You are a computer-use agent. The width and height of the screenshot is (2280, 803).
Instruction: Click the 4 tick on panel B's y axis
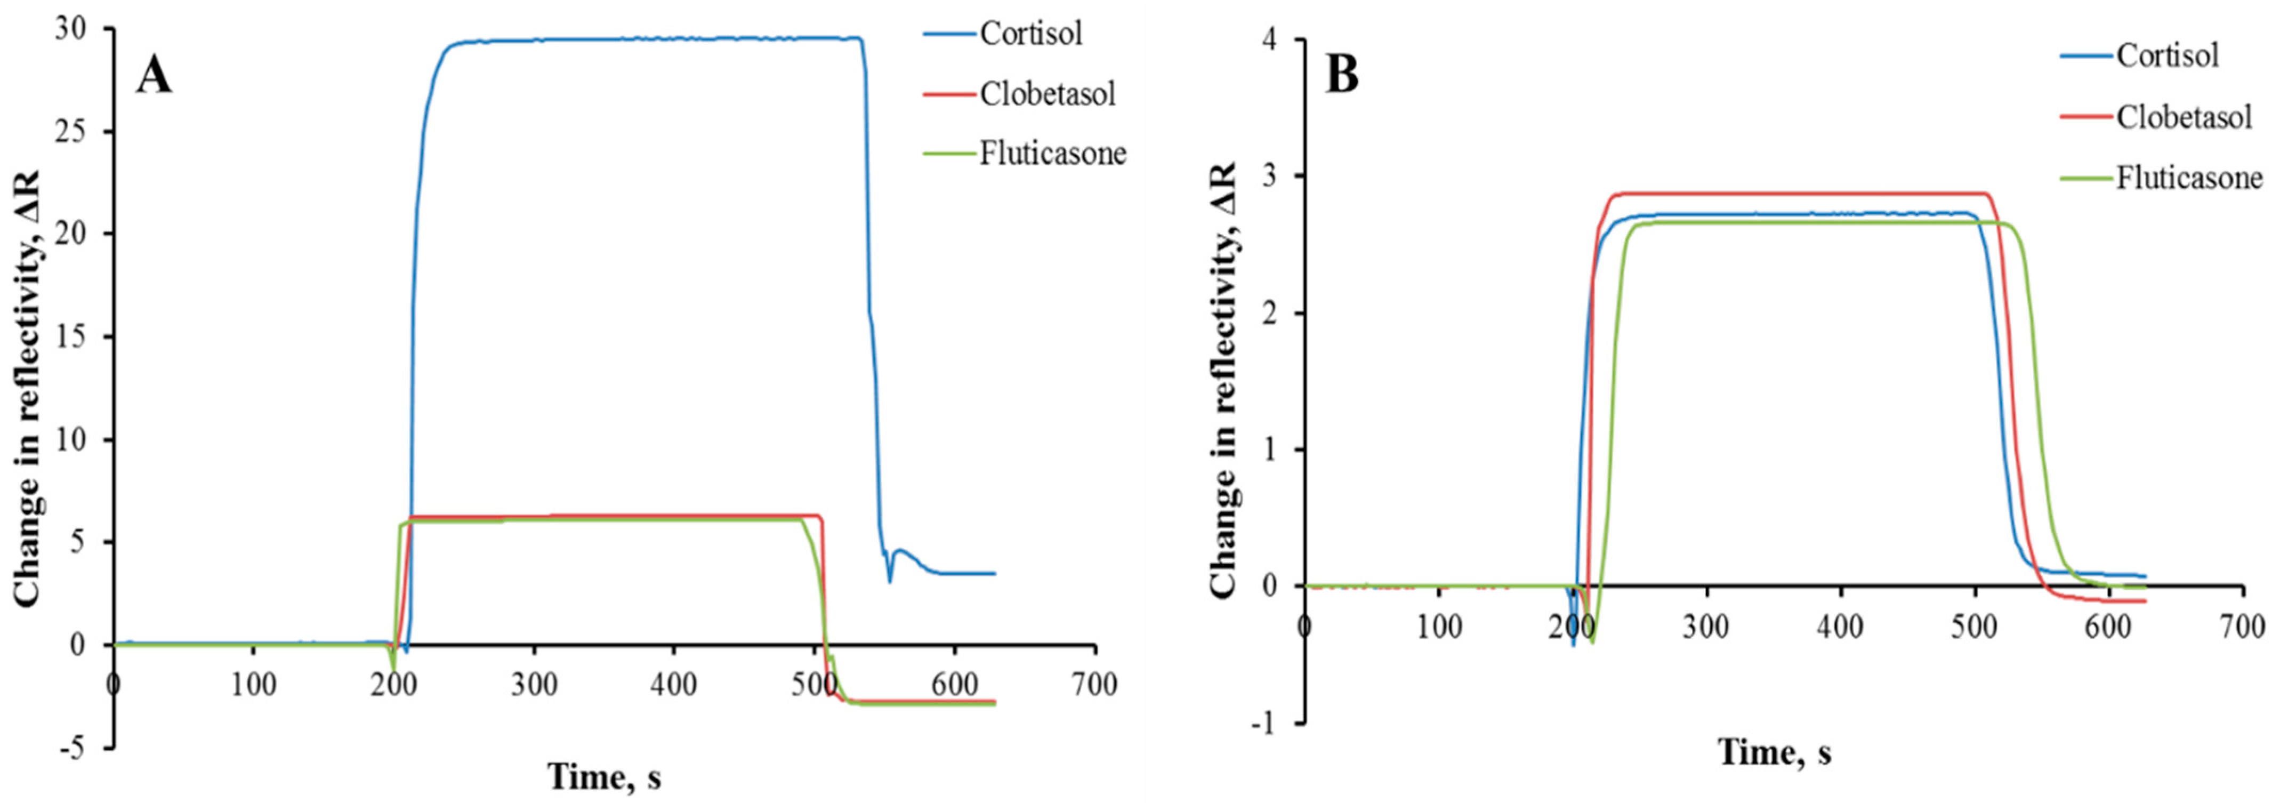(x=1276, y=41)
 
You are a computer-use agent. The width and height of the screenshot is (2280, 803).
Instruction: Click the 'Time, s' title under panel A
(x=605, y=776)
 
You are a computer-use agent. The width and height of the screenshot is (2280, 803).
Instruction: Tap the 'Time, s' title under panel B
(x=1775, y=752)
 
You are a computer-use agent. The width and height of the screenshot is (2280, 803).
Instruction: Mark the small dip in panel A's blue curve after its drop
(x=890, y=580)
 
